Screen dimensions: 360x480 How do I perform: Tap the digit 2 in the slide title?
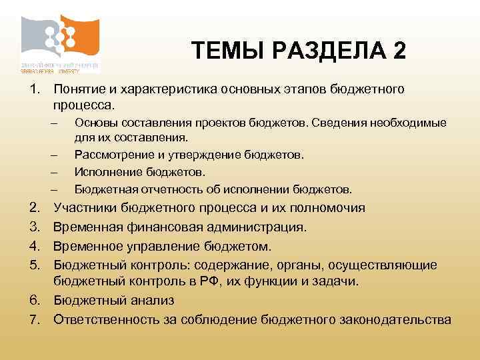399,50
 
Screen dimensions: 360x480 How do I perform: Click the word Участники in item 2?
83,207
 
